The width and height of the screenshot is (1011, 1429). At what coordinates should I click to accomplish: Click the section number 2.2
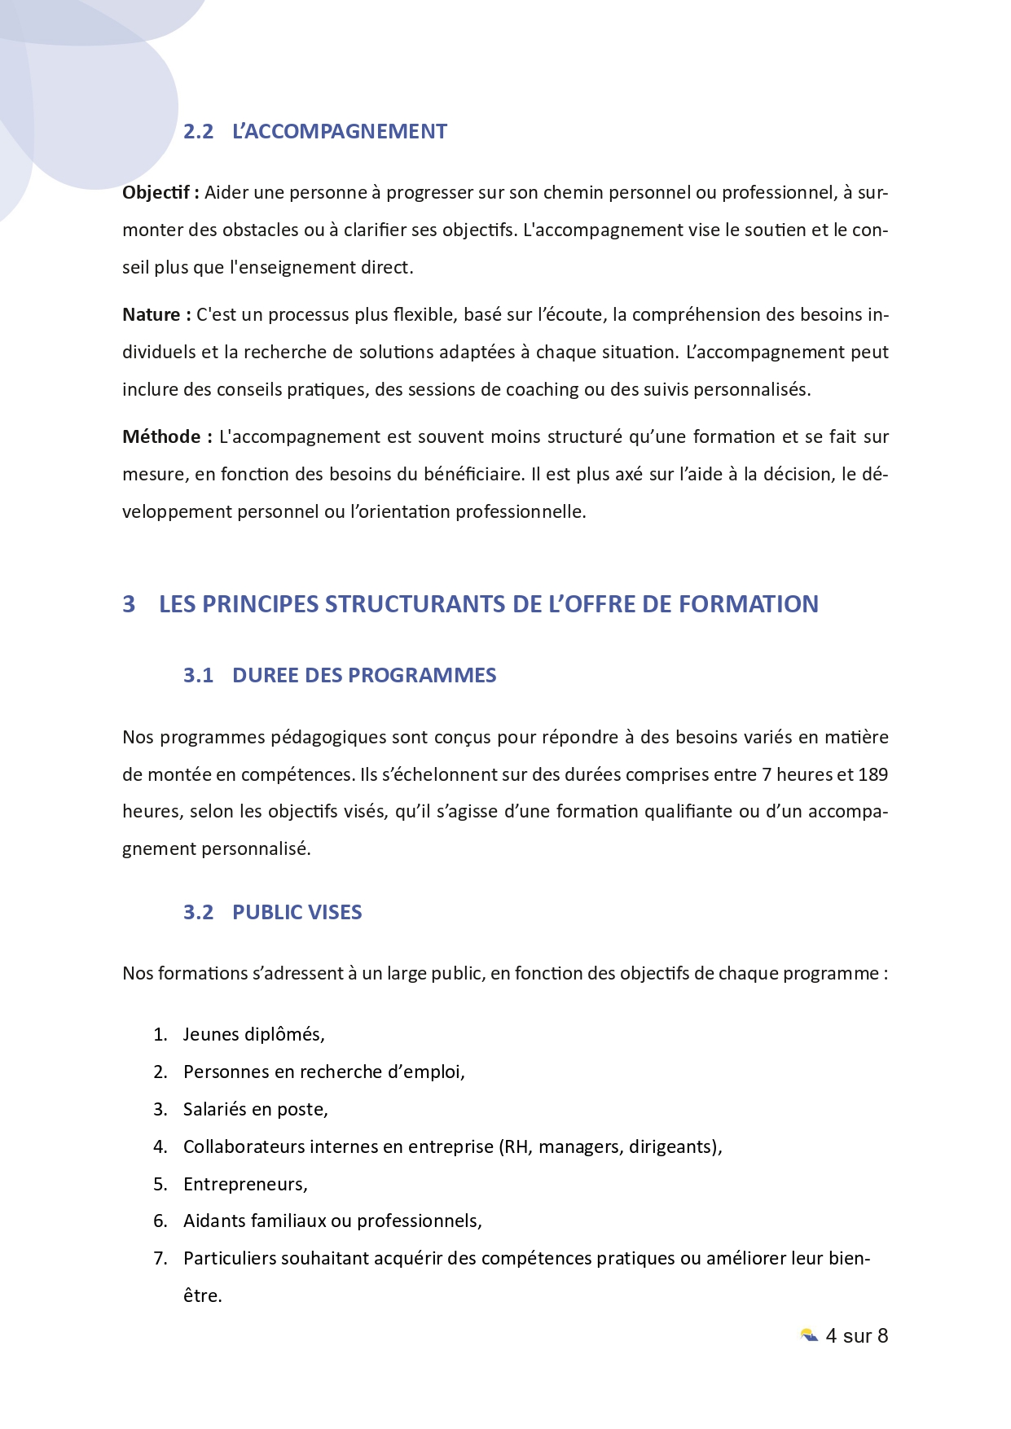[x=198, y=132]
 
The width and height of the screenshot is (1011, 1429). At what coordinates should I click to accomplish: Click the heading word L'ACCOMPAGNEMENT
[x=340, y=132]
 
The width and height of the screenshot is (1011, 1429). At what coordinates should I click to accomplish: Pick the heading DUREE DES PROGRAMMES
[x=364, y=676]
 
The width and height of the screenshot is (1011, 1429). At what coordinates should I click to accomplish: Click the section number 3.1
[x=198, y=676]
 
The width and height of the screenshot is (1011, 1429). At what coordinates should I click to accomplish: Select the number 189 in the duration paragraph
[x=873, y=774]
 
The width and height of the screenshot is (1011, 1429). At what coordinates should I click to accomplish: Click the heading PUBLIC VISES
[x=297, y=913]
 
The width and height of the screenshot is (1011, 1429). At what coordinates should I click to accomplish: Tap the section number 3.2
[x=198, y=913]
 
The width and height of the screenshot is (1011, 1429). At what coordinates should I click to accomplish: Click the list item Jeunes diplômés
[x=253, y=1035]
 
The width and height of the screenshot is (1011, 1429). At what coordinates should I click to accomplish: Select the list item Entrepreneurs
[x=244, y=1185]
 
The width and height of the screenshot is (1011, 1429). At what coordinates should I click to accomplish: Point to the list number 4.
[x=160, y=1147]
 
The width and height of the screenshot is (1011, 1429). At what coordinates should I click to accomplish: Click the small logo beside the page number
[x=809, y=1336]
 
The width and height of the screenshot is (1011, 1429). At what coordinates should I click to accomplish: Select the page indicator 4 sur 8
[x=856, y=1336]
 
